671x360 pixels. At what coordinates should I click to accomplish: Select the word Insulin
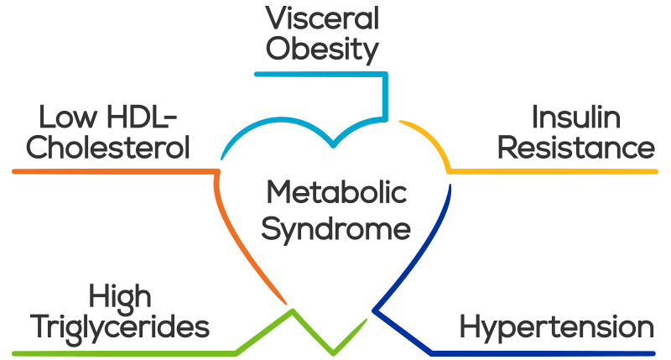[577, 117]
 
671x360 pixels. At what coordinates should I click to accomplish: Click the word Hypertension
[557, 326]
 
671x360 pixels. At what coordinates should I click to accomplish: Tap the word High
[120, 295]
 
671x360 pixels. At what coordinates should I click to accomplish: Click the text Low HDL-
[103, 117]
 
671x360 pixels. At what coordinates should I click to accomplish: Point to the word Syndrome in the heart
[335, 228]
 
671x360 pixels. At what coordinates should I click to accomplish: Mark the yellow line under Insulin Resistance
[554, 171]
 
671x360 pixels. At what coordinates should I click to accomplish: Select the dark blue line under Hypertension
[545, 351]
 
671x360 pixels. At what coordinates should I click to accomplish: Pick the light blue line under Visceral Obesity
[319, 74]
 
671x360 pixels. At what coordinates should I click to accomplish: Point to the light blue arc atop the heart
[277, 126]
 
